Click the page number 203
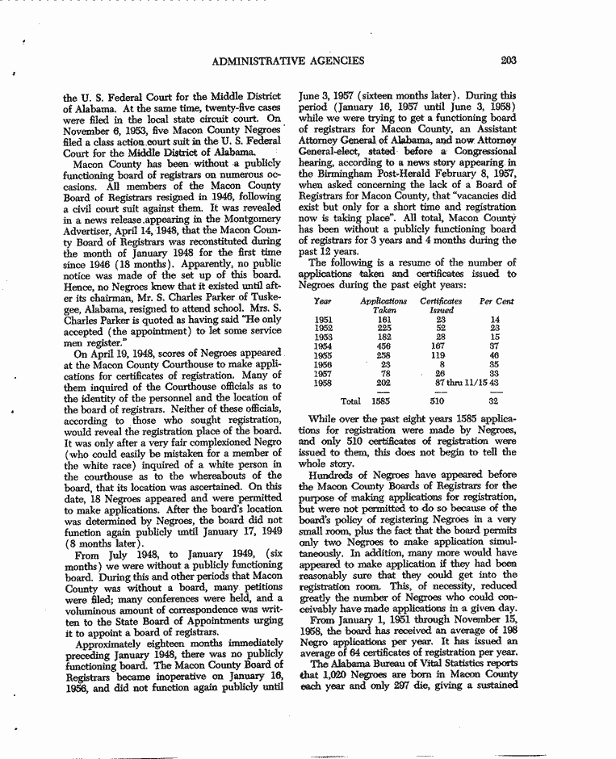508,60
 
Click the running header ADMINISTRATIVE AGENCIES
287,61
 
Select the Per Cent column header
497,300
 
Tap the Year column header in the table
323,300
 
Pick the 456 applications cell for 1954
384,346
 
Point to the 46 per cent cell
495,355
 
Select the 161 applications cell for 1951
384,320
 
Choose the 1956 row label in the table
323,364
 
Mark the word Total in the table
350,400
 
